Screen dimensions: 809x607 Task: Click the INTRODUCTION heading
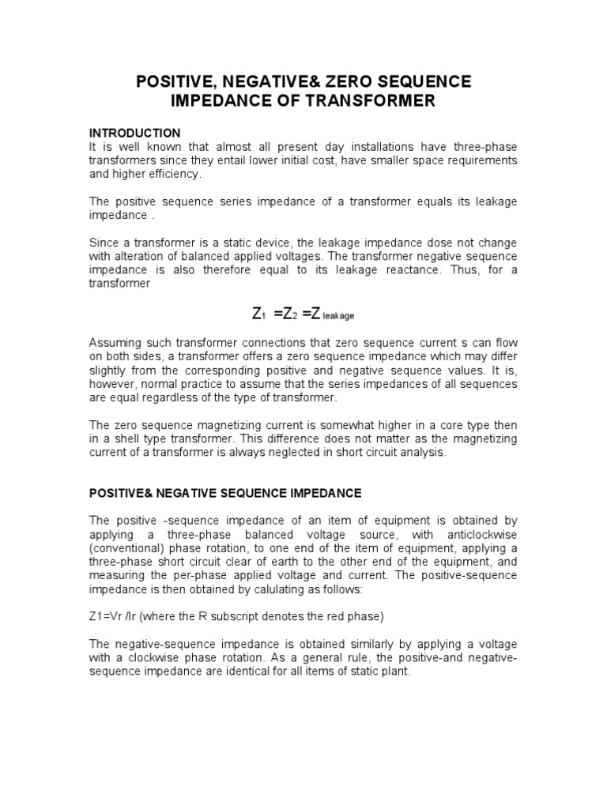click(134, 132)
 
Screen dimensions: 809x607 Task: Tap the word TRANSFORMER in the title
click(366, 101)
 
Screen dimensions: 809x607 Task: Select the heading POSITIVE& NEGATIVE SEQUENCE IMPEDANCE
click(225, 493)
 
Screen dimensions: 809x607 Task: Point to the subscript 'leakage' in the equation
click(338, 316)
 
